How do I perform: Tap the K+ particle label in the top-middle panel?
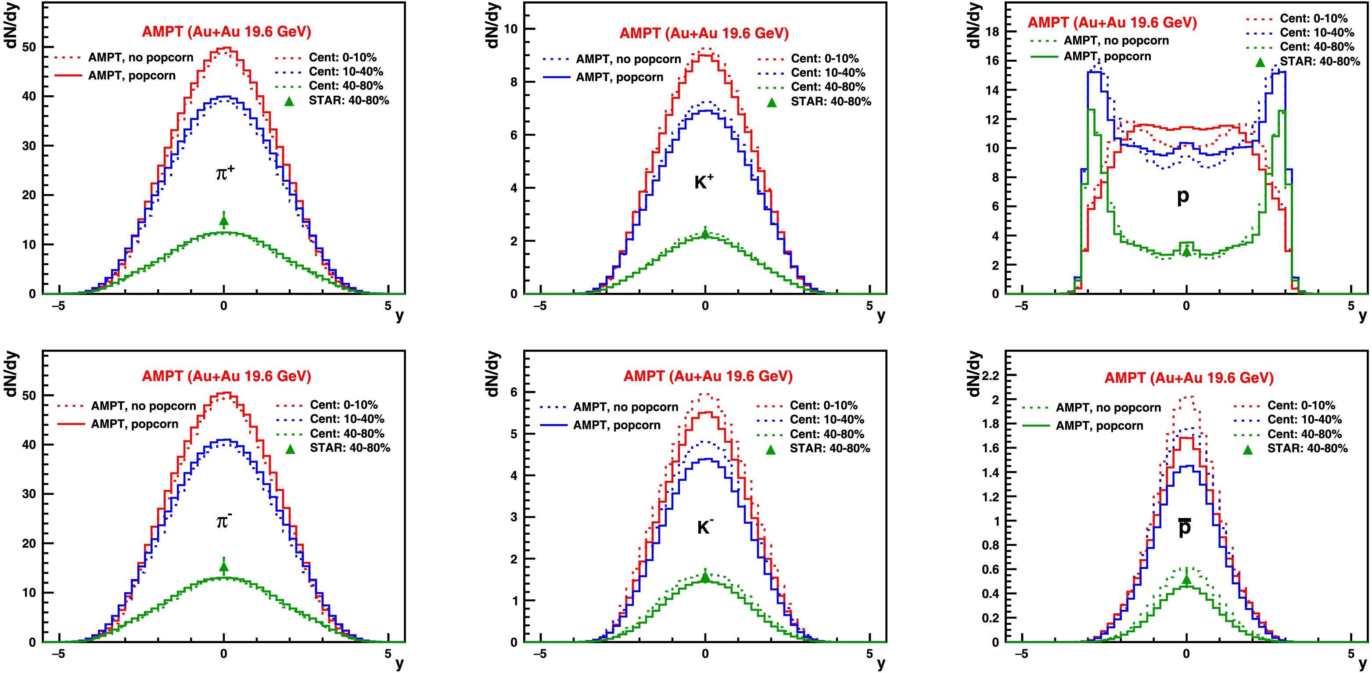coord(704,182)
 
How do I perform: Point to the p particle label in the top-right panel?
coord(1182,196)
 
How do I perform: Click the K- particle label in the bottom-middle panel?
coord(704,526)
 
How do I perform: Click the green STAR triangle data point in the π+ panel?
coord(224,221)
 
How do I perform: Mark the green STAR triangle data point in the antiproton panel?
coord(1186,579)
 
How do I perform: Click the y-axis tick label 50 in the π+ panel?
coord(29,47)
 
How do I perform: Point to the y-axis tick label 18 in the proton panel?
coord(992,32)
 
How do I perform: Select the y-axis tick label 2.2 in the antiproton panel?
coord(990,375)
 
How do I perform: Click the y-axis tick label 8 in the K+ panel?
coord(514,82)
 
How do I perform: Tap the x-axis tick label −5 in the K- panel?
coord(539,654)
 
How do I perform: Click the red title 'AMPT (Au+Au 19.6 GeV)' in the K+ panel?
coord(704,33)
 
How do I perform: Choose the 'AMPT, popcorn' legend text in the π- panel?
coord(134,424)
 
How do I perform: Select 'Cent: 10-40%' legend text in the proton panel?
coord(1317,32)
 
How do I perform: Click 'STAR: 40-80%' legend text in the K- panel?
coord(829,448)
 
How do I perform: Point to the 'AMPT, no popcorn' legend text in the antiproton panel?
coord(1108,408)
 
